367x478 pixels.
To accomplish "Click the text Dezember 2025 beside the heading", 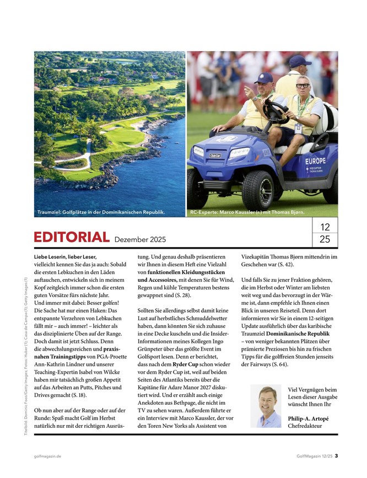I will point(140,240).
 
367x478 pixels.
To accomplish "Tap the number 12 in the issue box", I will point(325,227).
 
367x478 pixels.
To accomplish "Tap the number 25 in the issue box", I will point(325,240).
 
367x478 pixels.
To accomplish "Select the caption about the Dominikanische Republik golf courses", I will point(101,212).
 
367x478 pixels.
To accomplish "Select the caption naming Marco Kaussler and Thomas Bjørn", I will point(247,212).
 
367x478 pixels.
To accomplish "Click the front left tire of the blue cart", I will point(257,190).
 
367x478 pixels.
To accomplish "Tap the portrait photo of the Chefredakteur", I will point(266,406).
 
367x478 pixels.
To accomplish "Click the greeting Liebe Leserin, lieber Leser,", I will point(65,257).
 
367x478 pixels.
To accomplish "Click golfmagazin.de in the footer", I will point(47,456).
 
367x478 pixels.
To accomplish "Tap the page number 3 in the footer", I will point(336,456).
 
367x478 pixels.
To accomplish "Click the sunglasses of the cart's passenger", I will point(303,87).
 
